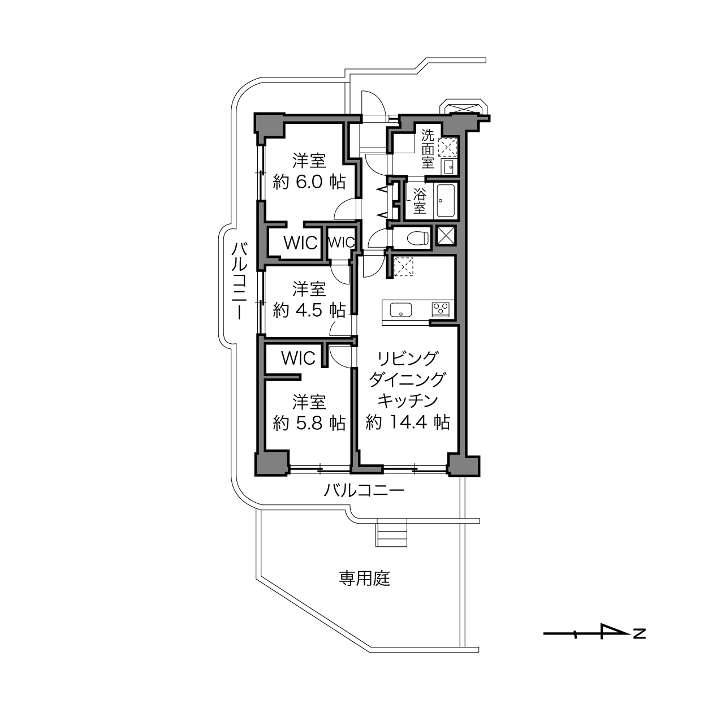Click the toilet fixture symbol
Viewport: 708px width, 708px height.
418,238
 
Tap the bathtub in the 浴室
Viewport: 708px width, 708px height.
446,201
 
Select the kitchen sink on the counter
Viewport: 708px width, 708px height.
401,310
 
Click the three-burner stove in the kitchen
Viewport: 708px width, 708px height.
441,309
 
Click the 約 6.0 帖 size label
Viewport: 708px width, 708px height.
309,182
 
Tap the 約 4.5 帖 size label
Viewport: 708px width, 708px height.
309,310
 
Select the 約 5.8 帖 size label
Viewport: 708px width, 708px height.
309,423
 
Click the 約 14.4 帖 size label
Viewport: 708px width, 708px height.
408,422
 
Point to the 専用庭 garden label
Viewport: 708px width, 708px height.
364,578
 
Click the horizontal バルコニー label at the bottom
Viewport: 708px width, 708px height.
364,490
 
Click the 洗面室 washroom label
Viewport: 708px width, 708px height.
428,149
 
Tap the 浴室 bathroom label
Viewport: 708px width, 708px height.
419,201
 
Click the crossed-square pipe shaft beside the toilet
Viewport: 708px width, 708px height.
446,235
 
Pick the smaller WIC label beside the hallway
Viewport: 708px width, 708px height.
342,242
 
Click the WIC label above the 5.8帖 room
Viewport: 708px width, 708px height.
299,357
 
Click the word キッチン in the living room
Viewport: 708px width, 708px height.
408,401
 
